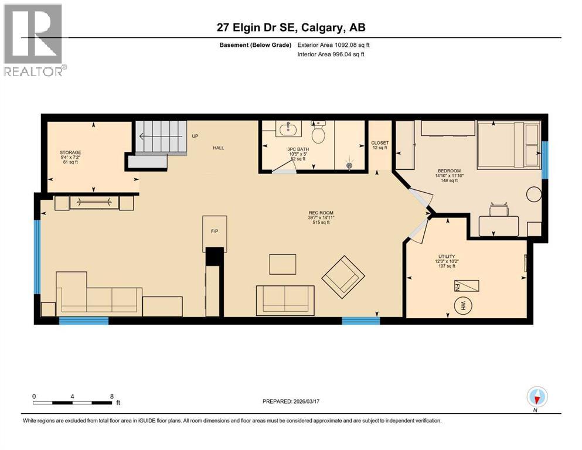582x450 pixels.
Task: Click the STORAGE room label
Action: (x=70, y=153)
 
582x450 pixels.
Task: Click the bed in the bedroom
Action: (x=508, y=144)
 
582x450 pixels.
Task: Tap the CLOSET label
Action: (x=380, y=143)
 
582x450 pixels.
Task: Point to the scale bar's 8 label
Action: (x=111, y=396)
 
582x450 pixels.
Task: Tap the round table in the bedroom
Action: (x=534, y=194)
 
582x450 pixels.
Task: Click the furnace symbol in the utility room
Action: (x=467, y=285)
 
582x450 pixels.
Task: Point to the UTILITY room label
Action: (x=445, y=256)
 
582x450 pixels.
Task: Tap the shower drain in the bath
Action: (x=350, y=166)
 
